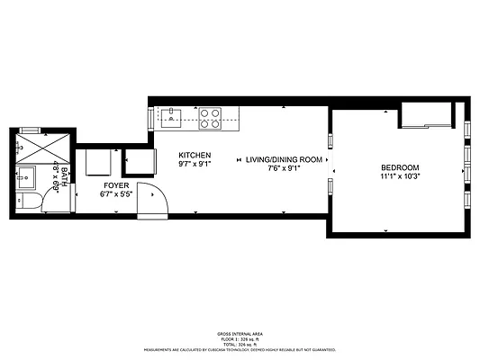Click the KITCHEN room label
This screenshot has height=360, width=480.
pyautogui.click(x=194, y=155)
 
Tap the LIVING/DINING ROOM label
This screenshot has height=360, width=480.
pyautogui.click(x=284, y=159)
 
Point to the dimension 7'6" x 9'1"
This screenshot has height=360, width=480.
pyautogui.click(x=284, y=168)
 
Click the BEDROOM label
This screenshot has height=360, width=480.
pyautogui.click(x=399, y=168)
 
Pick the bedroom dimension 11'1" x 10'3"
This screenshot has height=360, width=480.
pyautogui.click(x=399, y=177)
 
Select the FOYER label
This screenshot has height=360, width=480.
pyautogui.click(x=115, y=184)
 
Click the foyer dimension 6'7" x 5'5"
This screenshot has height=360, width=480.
pyautogui.click(x=115, y=193)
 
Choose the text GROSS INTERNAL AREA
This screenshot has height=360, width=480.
pyautogui.click(x=239, y=332)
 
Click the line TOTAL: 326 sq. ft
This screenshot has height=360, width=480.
pyautogui.click(x=239, y=343)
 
